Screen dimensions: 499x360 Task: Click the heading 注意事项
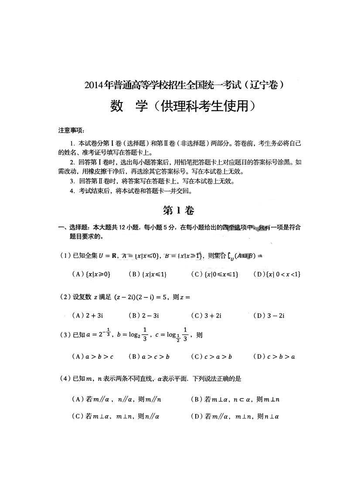[71, 130]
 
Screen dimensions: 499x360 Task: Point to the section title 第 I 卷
[178, 211]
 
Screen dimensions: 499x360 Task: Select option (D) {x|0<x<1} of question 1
[277, 274]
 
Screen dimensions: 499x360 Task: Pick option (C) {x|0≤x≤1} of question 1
[214, 274]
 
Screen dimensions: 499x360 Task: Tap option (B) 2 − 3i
[144, 315]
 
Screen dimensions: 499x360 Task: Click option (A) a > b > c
[92, 357]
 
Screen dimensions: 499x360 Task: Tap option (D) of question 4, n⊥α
[235, 417]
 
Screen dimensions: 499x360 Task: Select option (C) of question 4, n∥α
[115, 417]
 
